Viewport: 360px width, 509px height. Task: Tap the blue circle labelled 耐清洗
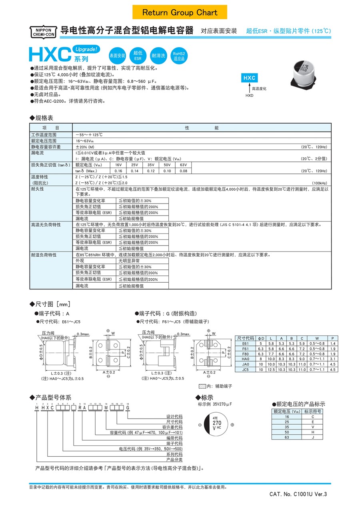[158, 56]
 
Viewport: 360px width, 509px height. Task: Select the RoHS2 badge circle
[179, 56]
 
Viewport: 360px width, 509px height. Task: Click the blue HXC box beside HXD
[250, 78]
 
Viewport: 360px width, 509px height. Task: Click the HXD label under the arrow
[250, 96]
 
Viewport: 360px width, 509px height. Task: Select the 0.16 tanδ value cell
[118, 171]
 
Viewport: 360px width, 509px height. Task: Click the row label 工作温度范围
[44, 135]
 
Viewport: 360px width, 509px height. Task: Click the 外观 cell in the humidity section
[80, 261]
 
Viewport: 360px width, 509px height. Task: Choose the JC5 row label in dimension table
[245, 370]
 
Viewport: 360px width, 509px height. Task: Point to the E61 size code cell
[245, 343]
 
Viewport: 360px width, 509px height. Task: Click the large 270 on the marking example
[217, 423]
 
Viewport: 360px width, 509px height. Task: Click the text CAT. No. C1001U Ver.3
[298, 494]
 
